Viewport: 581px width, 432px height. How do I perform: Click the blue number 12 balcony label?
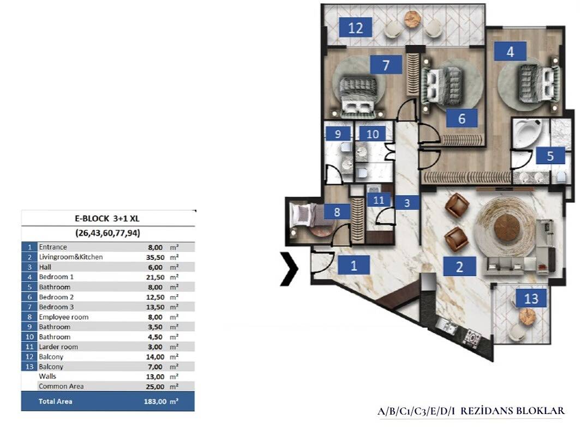click(356, 27)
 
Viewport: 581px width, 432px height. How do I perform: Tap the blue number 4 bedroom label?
click(510, 51)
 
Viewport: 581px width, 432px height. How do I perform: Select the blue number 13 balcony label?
click(531, 298)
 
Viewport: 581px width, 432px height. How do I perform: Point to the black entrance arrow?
click(289, 269)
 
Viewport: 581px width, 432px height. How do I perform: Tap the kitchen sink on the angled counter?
click(446, 325)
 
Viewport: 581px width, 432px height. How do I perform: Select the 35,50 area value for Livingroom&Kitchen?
click(155, 257)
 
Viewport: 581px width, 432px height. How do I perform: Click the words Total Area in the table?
click(55, 401)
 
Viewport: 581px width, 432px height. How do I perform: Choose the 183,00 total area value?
click(155, 401)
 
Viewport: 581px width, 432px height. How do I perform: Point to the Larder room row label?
click(58, 347)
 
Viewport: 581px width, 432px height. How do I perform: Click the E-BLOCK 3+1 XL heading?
click(107, 218)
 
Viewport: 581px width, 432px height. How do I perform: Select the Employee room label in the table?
click(63, 317)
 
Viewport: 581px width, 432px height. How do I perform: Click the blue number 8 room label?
click(337, 211)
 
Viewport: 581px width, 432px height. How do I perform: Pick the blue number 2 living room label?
click(459, 266)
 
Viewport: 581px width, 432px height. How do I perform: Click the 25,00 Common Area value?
click(155, 386)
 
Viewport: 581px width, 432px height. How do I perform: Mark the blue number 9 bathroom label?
click(338, 133)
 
